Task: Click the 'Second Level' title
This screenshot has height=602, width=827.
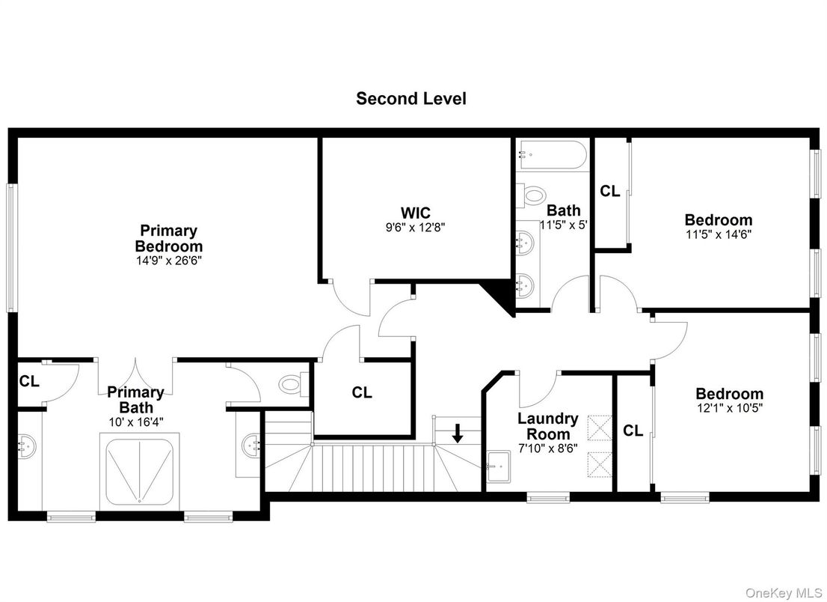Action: [x=411, y=98]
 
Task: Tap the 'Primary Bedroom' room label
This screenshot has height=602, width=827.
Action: [x=168, y=238]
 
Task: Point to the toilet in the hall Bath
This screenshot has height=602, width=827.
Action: [x=533, y=196]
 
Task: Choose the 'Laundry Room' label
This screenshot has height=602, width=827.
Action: [x=547, y=426]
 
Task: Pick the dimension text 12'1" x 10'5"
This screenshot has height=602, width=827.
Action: [x=729, y=409]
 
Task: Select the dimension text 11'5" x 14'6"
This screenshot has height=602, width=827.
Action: [x=718, y=234]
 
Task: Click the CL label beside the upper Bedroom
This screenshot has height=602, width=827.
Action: [x=610, y=192]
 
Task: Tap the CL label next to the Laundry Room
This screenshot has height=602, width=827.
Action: [x=633, y=431]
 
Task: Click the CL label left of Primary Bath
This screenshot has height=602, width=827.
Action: [x=29, y=382]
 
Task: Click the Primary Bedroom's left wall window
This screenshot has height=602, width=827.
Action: [x=11, y=247]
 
